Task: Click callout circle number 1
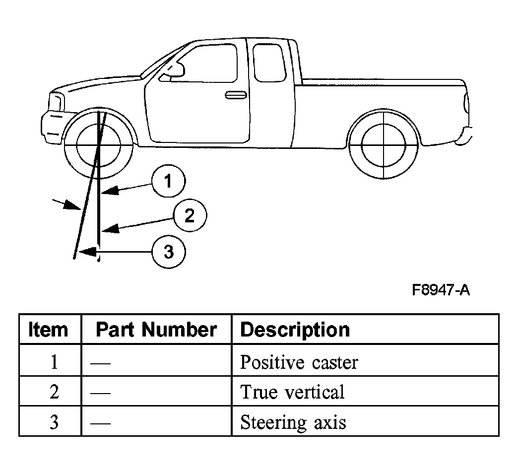click(169, 181)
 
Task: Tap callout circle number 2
click(190, 215)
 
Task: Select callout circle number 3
click(169, 252)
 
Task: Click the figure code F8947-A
click(441, 290)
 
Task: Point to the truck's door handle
click(236, 95)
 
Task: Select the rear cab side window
click(269, 63)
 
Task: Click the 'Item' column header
click(48, 330)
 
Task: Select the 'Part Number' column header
click(156, 330)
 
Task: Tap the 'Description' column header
click(295, 330)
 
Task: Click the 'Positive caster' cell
click(299, 362)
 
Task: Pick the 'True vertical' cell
click(292, 392)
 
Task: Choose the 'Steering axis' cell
click(293, 422)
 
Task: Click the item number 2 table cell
click(54, 392)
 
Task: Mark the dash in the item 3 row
click(100, 423)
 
